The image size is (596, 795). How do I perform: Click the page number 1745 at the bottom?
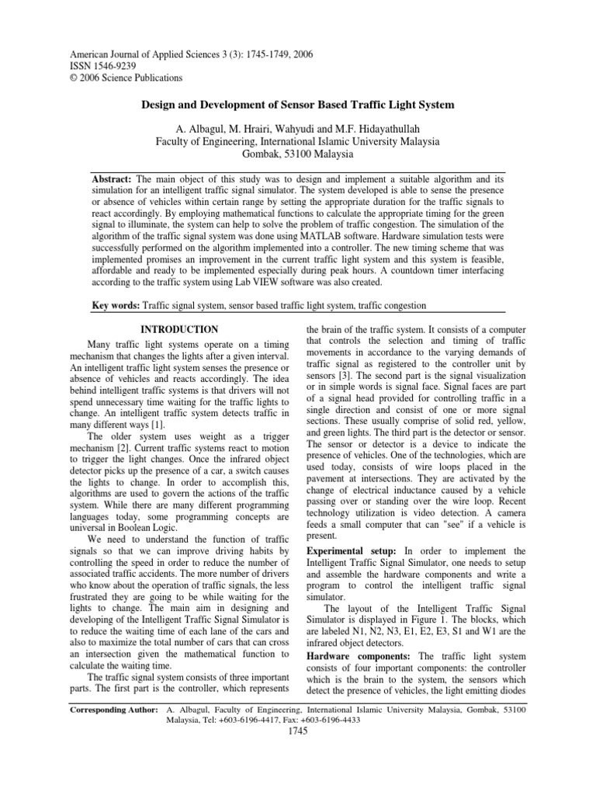[298, 731]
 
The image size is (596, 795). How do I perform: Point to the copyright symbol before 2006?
[73, 78]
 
